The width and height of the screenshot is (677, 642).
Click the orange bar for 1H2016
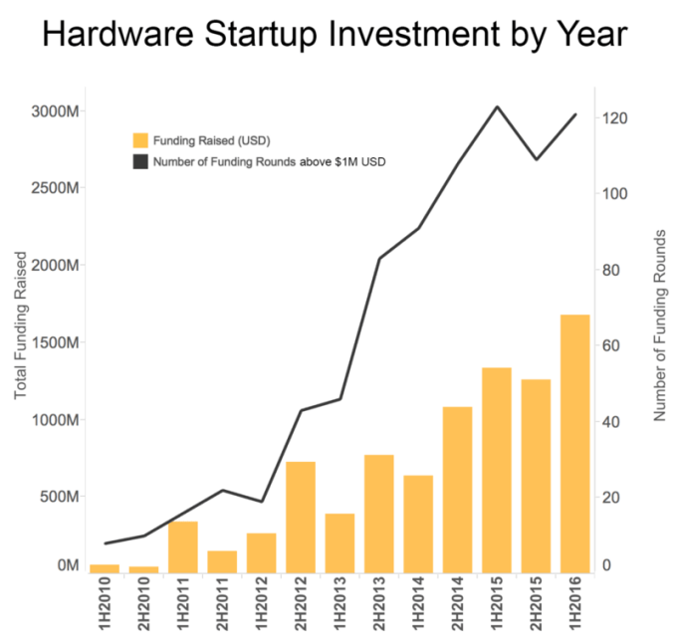pyautogui.click(x=574, y=443)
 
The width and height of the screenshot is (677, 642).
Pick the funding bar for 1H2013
pyautogui.click(x=340, y=542)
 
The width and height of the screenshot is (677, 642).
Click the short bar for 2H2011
pyautogui.click(x=222, y=561)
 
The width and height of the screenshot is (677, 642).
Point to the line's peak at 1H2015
pyautogui.click(x=497, y=107)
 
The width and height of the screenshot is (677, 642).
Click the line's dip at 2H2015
pyautogui.click(x=536, y=159)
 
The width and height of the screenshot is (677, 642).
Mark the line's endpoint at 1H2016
pyautogui.click(x=575, y=114)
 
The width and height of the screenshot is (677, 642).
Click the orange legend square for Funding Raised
pyautogui.click(x=141, y=139)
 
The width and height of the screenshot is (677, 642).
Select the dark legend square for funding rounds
pyautogui.click(x=141, y=159)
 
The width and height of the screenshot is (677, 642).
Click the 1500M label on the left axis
pyautogui.click(x=57, y=342)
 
